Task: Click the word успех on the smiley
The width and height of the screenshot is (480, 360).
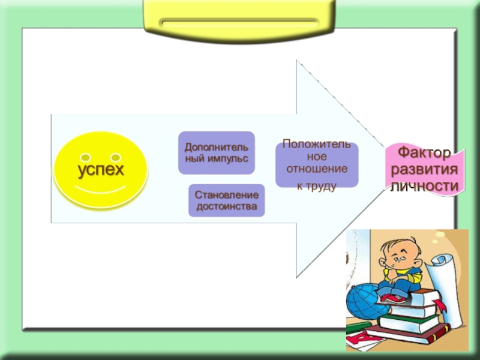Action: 100,169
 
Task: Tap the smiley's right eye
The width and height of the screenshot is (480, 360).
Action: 116,148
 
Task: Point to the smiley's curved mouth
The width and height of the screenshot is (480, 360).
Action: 100,191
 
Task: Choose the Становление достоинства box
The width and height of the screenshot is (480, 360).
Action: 226,201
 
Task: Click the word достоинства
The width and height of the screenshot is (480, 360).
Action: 226,207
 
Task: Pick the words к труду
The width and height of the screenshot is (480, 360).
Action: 317,187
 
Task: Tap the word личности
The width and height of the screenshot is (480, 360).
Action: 425,186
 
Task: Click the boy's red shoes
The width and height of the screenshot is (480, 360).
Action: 393,296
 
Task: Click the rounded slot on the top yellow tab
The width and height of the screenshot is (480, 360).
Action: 239,23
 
